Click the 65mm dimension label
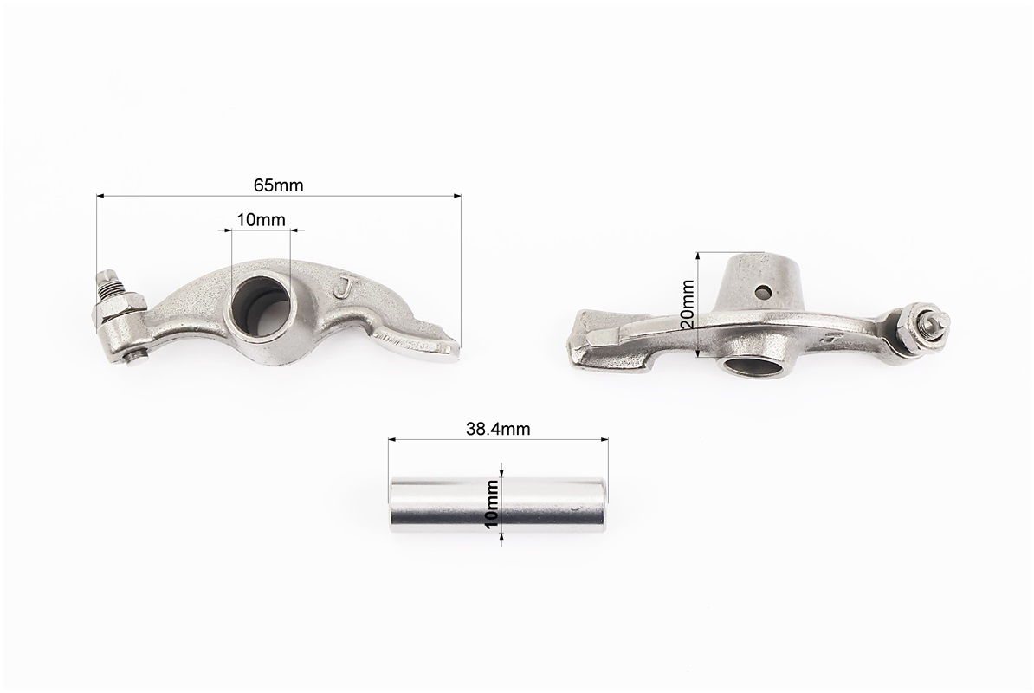point(278,185)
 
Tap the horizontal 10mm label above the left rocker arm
point(262,219)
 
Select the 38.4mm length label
point(498,430)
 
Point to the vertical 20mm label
point(687,304)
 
